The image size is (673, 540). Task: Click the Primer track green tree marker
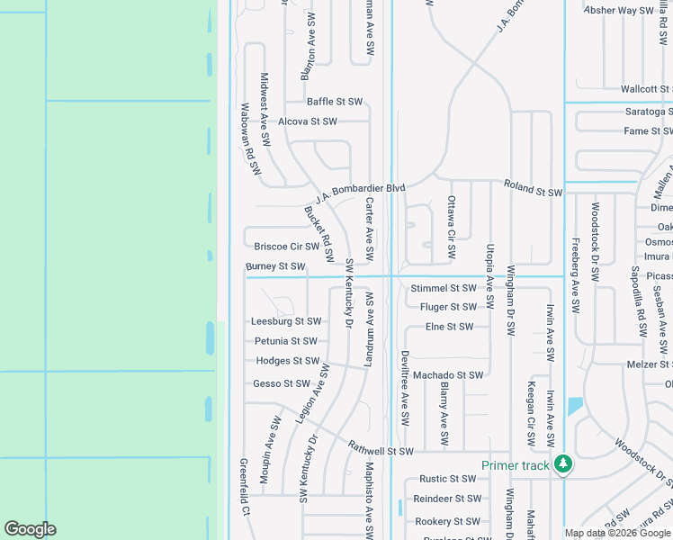(x=563, y=464)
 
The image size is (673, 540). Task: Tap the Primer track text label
(x=515, y=465)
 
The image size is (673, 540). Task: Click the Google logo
(x=30, y=529)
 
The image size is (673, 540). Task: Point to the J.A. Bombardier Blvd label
(x=360, y=193)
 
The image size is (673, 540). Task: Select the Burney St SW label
(x=275, y=266)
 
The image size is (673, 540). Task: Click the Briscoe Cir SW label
(x=287, y=247)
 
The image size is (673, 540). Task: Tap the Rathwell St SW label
(x=381, y=451)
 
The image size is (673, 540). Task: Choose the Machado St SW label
(x=448, y=375)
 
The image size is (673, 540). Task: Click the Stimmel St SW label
(x=444, y=288)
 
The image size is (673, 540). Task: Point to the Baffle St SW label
(x=334, y=102)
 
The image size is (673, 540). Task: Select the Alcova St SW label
(x=308, y=121)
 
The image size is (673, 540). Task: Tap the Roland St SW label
(x=533, y=192)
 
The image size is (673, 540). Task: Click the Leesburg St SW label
(x=286, y=321)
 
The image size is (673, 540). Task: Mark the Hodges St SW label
(x=288, y=361)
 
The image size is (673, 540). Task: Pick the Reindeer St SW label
(x=447, y=499)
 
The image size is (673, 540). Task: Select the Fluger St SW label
(x=447, y=307)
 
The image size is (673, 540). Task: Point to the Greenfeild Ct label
(x=244, y=487)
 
